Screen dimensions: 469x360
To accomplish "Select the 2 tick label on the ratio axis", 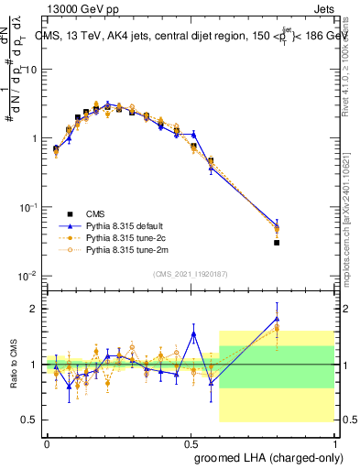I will tap(32, 309).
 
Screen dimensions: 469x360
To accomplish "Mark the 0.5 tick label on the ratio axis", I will tap(27, 420).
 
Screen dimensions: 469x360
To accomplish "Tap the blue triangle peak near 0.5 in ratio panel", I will tap(193, 333).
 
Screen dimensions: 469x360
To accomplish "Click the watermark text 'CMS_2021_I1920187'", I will tap(191, 274).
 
